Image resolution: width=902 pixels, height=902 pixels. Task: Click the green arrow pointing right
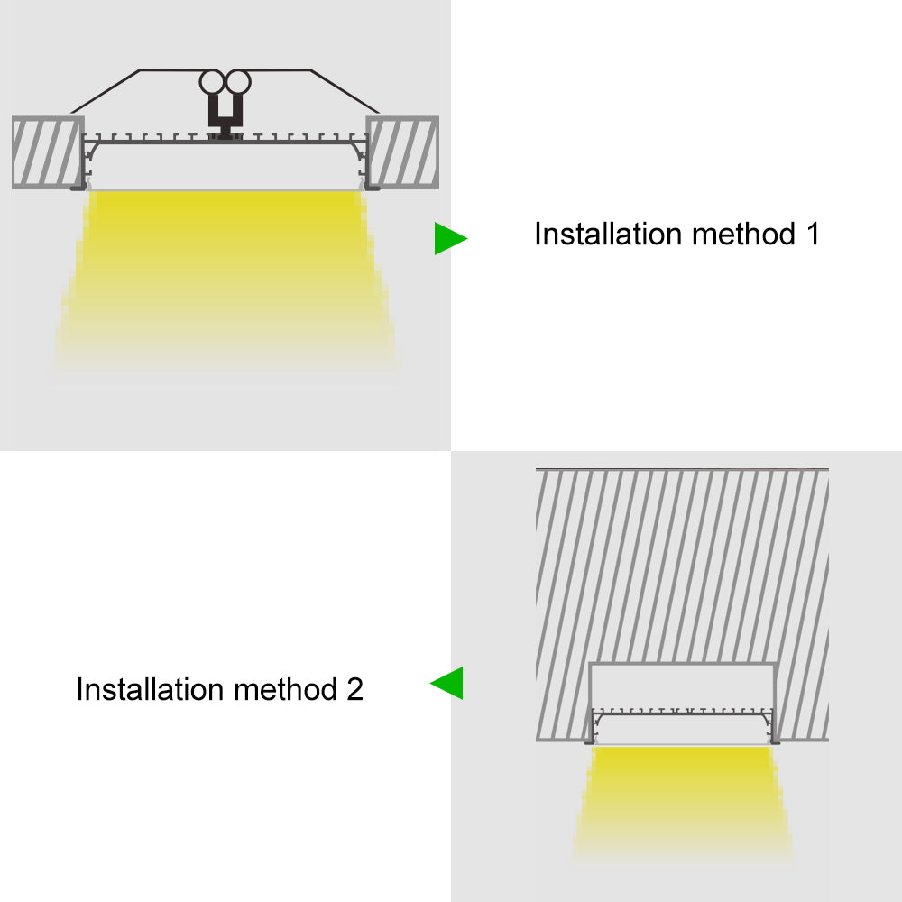coord(448,238)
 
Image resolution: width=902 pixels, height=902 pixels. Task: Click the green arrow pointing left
coord(448,683)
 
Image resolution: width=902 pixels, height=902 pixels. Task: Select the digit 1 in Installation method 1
coord(812,235)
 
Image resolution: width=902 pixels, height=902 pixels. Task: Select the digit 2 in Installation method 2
coord(354,690)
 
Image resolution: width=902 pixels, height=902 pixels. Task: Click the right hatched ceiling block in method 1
coord(403,152)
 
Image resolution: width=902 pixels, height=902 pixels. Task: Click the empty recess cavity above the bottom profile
coord(683,686)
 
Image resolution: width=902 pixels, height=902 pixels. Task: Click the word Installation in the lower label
coord(151,690)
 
